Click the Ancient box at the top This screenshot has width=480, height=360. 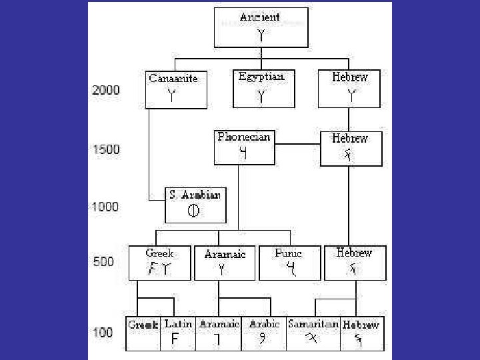click(x=261, y=27)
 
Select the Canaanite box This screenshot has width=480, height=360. click(x=173, y=89)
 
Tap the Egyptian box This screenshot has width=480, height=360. click(x=261, y=88)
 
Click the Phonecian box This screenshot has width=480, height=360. click(x=244, y=147)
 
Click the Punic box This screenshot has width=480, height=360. click(x=289, y=263)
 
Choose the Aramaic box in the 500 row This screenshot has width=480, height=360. click(x=225, y=263)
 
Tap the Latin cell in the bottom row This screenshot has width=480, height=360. click(x=178, y=333)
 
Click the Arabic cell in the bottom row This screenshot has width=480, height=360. click(x=265, y=333)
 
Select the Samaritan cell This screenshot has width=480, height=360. click(x=313, y=333)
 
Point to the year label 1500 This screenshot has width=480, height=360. click(x=106, y=149)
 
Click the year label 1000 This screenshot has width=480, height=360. click(x=105, y=207)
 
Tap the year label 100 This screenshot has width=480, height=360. click(x=103, y=333)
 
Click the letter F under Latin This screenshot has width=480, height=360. click(x=175, y=339)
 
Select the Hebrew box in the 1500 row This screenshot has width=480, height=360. click(x=351, y=148)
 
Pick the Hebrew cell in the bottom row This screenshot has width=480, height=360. click(x=361, y=333)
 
